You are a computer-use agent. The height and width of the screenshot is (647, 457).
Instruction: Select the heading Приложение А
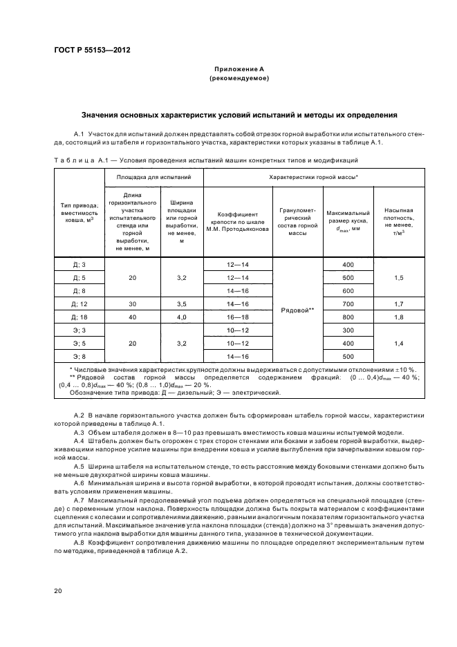click(239, 70)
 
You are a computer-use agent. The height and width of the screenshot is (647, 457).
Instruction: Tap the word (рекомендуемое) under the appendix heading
click(239, 79)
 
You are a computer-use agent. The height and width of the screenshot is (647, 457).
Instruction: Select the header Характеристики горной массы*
click(317, 177)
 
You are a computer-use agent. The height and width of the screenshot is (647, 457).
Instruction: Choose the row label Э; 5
click(78, 343)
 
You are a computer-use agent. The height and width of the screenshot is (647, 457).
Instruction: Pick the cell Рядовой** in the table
click(298, 310)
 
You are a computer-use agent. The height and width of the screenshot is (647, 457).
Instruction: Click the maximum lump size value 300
click(348, 330)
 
